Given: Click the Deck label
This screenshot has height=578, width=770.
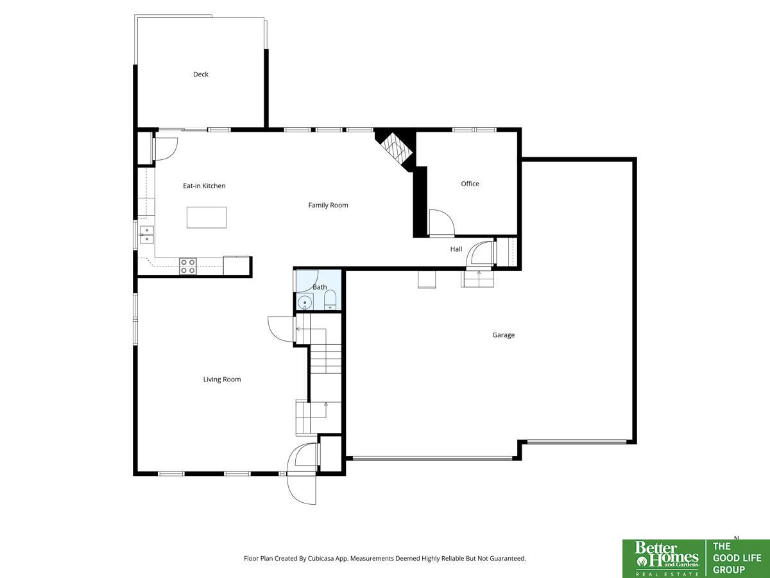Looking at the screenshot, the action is (x=201, y=74).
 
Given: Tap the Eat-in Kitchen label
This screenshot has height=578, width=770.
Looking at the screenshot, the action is (x=204, y=186).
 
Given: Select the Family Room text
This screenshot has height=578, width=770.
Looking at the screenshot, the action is (x=328, y=206).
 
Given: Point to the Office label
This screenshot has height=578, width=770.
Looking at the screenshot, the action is (x=470, y=184).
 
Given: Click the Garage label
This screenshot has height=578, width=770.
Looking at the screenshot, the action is (x=504, y=335).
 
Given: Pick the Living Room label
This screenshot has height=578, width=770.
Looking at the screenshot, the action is (x=222, y=380).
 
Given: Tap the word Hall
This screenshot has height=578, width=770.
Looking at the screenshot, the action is (x=456, y=249).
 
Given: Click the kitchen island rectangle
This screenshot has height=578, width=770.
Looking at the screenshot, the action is (x=206, y=218).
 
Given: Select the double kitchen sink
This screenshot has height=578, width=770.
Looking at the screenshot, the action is (x=147, y=235).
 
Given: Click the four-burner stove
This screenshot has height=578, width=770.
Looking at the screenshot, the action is (x=187, y=267).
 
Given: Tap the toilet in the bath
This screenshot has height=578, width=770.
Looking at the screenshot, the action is (x=330, y=302).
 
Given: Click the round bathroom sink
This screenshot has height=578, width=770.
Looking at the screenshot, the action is (x=305, y=302).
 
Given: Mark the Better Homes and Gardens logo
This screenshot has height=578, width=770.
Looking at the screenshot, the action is (x=664, y=559).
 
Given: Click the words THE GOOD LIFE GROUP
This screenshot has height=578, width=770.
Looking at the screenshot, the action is (x=737, y=558).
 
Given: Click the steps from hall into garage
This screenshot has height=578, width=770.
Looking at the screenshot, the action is (x=477, y=279).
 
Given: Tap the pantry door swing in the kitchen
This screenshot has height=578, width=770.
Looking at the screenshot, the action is (x=166, y=149).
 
